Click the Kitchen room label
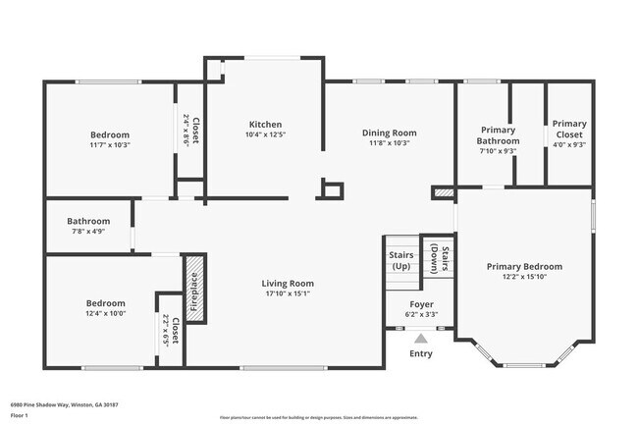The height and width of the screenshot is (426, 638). pos(265,125)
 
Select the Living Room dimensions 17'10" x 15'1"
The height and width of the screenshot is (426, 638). pos(287,293)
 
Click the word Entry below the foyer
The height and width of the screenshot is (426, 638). pos(420,353)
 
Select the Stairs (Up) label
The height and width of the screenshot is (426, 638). pos(399,260)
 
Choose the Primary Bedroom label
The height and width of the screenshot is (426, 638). pos(524,266)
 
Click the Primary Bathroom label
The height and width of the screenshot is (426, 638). pos(499,134)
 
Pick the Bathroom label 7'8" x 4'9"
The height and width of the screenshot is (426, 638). pos(88,222)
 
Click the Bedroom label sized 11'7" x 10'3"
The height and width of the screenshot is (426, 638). pos(110,134)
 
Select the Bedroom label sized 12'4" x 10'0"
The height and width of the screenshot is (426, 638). pos(105,303)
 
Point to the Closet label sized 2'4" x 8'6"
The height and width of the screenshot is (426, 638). pos(191,131)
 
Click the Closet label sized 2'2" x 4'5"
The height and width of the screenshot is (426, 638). pos(171,333)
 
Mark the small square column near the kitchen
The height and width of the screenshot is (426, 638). pos(333,190)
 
